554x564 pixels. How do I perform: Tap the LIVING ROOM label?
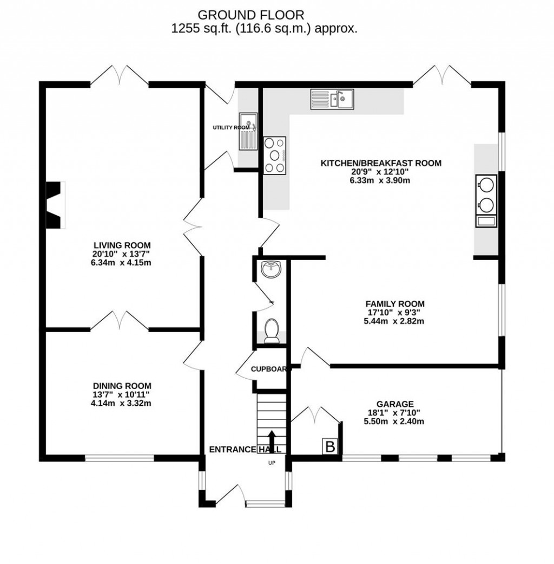121,245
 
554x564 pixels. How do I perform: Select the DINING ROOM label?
121,386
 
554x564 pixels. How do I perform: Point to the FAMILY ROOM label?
394,303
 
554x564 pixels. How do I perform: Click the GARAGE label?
395,404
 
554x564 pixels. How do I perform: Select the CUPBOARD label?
268,369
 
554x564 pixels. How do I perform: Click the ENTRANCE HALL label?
245,449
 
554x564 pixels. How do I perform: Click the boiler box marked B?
329,446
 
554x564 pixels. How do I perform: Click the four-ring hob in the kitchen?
275,155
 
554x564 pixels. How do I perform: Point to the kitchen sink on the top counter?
332,99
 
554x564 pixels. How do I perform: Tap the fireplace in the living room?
54,205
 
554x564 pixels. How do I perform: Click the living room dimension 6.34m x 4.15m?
121,263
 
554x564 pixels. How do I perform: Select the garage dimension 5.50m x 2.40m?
395,421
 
